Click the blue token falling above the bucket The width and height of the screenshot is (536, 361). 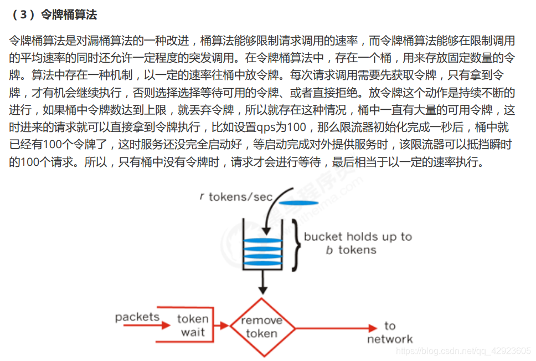pyautogui.click(x=299, y=202)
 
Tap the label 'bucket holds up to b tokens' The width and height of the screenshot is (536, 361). pyautogui.click(x=358, y=243)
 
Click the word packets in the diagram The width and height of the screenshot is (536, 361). pyautogui.click(x=137, y=317)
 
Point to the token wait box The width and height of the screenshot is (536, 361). pyautogui.click(x=193, y=326)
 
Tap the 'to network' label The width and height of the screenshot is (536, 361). pyautogui.click(x=390, y=332)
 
